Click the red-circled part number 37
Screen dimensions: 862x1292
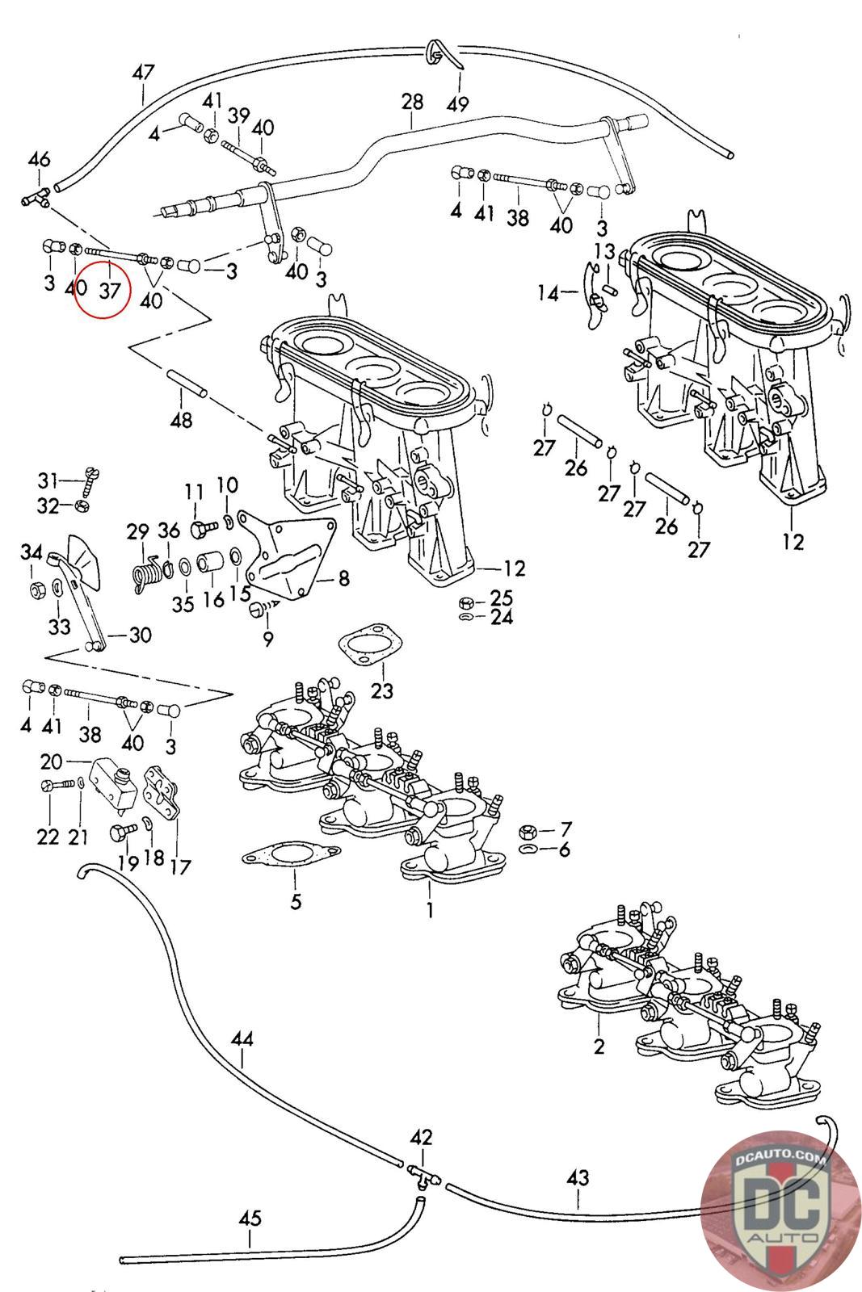coord(110,290)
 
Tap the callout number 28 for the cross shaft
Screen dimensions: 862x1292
coord(412,102)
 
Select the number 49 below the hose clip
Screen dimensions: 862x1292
coord(457,104)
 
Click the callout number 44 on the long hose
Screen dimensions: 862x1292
coord(242,1039)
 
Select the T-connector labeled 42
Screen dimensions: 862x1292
coord(423,1171)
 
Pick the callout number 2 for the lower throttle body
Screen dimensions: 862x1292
coord(599,1046)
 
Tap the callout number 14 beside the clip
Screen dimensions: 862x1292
coord(548,294)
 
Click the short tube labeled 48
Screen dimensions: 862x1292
coord(187,384)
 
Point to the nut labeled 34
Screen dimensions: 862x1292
coord(36,590)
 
